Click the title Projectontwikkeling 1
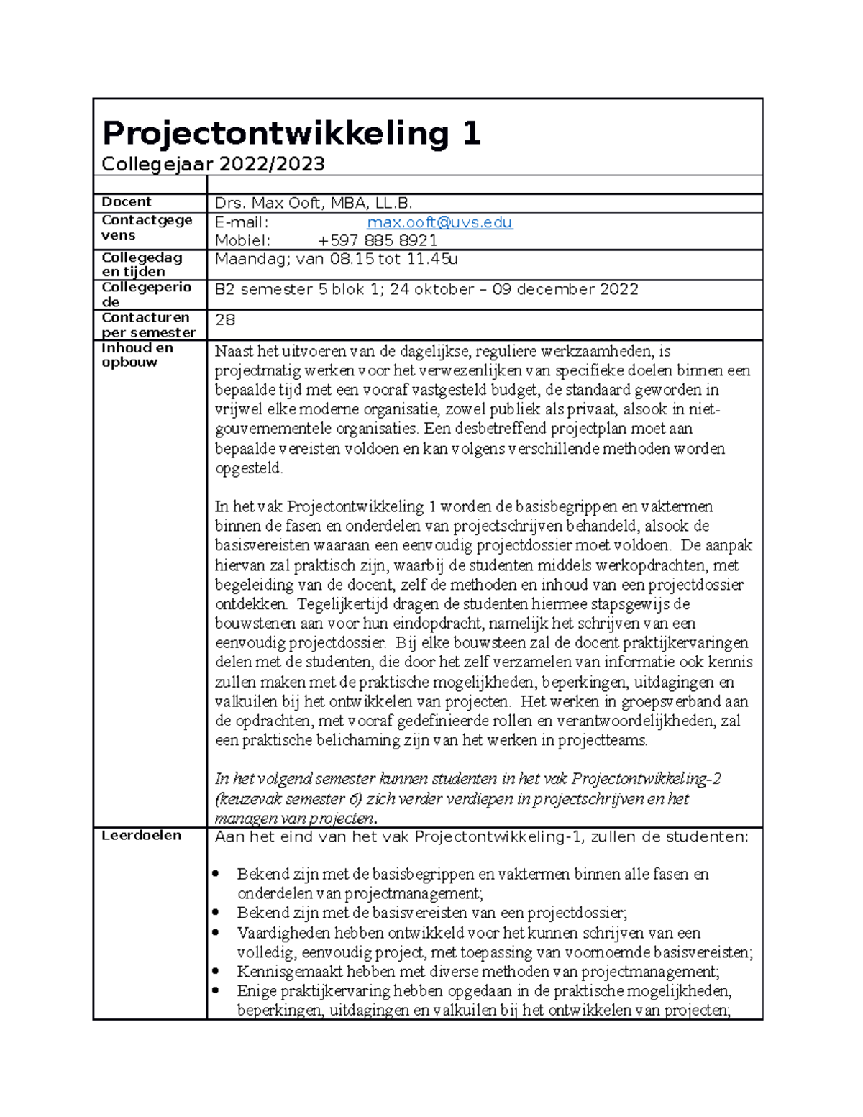pos(291,134)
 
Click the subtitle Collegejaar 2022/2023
pos(213,165)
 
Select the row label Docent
pos(127,202)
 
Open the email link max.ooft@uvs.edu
pos(439,222)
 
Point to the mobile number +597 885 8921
pos(378,240)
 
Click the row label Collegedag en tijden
pos(142,264)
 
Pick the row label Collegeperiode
pos(146,294)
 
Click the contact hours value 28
pos(225,319)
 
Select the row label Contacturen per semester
pos(148,324)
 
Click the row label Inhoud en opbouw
pos(137,355)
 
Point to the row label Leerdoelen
pos(141,836)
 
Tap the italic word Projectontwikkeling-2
pos(646,779)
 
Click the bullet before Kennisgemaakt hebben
pos(216,971)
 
